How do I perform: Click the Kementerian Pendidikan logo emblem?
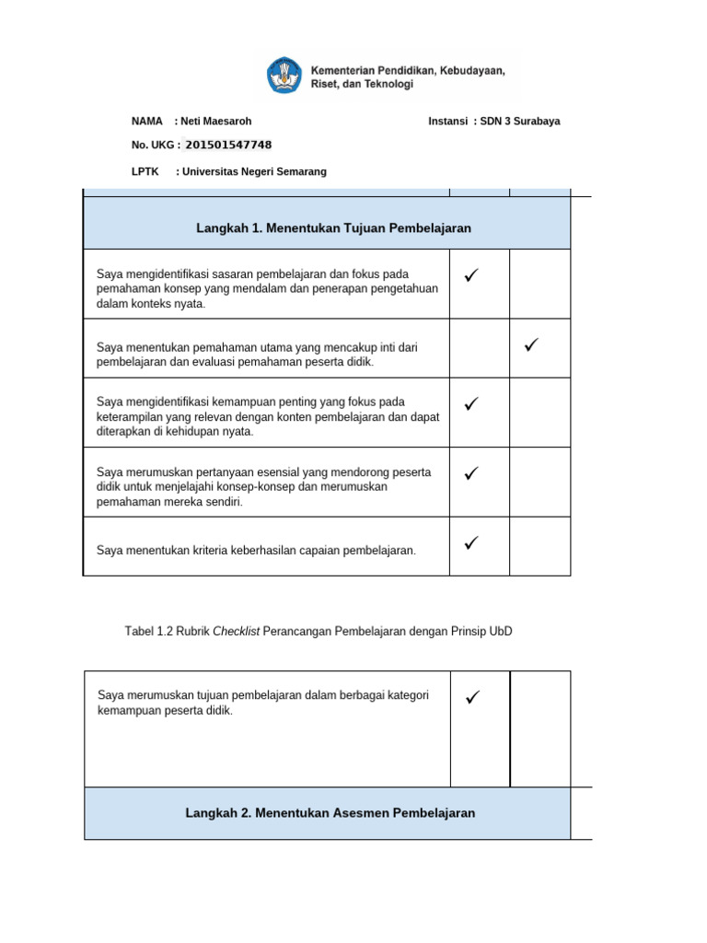(283, 75)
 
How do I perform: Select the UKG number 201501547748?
(228, 145)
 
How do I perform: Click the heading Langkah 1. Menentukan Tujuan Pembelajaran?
(333, 227)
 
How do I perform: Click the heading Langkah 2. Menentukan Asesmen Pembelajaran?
(330, 813)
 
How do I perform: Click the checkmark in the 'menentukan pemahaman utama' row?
(531, 345)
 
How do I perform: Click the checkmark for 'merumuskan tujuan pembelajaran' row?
(472, 698)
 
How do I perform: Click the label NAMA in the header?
(147, 121)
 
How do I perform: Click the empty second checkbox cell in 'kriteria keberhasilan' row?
(539, 547)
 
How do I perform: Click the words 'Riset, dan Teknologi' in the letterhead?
(363, 84)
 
